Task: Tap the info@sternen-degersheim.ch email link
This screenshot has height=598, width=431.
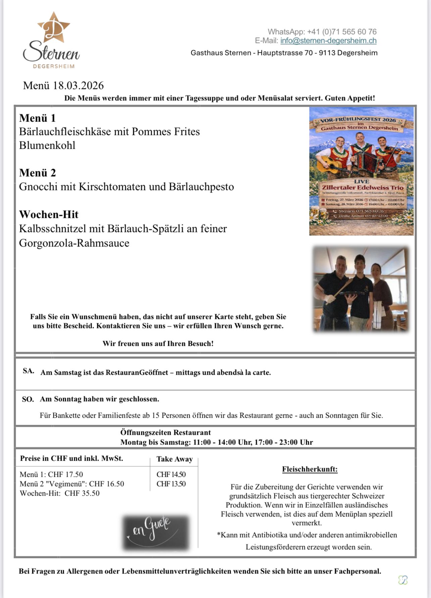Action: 328,41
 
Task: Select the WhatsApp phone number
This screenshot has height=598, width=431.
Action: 342,32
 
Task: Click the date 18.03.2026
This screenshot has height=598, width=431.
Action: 78,86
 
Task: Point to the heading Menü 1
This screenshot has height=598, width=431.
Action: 37,118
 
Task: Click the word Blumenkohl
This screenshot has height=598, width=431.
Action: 47,145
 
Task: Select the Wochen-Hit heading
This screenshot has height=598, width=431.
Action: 49,214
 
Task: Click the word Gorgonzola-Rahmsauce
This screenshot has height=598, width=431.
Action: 74,243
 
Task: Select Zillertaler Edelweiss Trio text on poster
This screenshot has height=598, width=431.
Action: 363,187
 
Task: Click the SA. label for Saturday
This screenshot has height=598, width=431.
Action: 29,371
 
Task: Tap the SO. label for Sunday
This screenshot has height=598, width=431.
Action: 28,399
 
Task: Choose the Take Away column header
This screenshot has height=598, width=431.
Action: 175,459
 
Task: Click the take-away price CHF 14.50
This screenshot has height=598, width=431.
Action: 171,474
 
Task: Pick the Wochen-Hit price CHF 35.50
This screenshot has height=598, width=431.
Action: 82,493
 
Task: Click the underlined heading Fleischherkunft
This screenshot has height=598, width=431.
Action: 310,469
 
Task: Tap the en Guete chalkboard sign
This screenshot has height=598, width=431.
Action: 155,533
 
